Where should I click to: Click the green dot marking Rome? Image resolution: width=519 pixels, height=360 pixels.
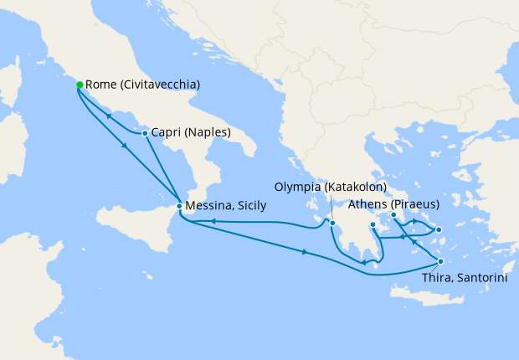click(80, 85)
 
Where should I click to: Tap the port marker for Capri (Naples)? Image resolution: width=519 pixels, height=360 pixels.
click(145, 133)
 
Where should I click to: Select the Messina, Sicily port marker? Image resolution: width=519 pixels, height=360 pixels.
click(179, 207)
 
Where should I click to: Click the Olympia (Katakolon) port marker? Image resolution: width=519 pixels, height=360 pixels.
click(332, 224)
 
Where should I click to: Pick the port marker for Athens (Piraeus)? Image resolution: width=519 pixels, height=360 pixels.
click(393, 217)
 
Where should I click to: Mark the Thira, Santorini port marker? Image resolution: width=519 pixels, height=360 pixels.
click(441, 262)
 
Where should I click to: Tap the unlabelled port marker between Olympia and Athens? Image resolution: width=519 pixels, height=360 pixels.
click(373, 225)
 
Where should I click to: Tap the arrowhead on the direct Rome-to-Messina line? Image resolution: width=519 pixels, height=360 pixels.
click(126, 145)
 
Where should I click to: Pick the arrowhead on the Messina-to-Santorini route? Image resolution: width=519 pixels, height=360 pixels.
click(304, 252)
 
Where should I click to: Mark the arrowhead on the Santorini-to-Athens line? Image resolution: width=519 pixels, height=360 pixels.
click(413, 241)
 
